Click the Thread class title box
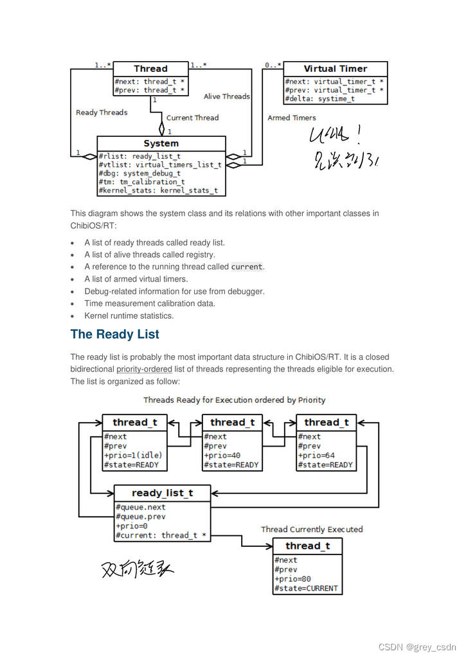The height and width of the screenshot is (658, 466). click(150, 69)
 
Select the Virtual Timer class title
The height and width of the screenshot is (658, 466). click(335, 69)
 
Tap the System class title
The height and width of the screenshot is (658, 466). click(161, 143)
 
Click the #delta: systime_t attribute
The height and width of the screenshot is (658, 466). click(319, 99)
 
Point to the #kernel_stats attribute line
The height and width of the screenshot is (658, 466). click(158, 190)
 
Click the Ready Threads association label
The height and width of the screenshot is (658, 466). click(102, 112)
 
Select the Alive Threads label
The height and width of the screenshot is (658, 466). click(226, 96)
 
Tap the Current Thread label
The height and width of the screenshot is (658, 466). click(192, 118)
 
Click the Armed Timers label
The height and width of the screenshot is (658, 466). click(291, 118)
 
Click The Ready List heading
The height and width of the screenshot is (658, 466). click(114, 334)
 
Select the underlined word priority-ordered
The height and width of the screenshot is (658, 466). click(144, 369)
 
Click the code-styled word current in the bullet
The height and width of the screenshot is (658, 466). click(247, 267)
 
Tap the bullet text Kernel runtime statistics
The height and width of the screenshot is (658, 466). click(129, 316)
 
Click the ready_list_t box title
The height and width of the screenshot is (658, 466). click(162, 493)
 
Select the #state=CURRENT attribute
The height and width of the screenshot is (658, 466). click(306, 588)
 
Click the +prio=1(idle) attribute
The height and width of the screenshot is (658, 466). click(133, 456)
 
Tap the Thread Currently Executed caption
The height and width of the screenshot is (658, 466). click(312, 529)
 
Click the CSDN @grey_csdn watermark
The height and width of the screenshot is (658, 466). click(417, 646)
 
